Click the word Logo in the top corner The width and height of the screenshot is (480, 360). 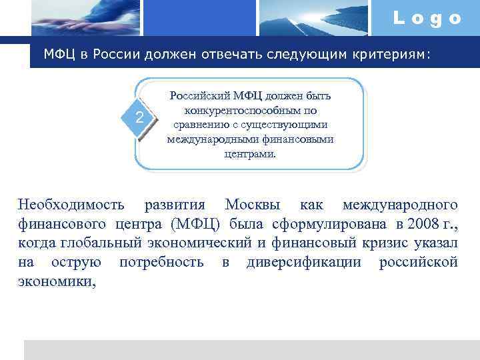pyautogui.click(x=427, y=18)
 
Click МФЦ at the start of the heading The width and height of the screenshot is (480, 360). pyautogui.click(x=59, y=54)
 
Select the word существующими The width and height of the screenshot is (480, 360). pyautogui.click(x=286, y=125)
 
